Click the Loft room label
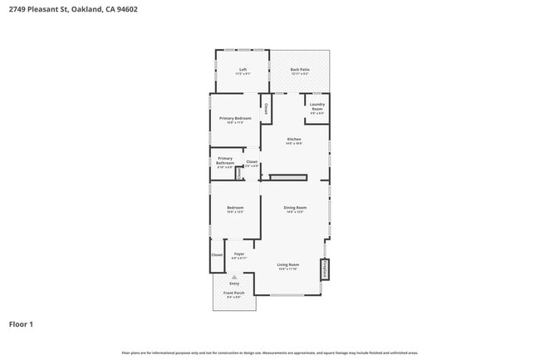pyautogui.click(x=243, y=71)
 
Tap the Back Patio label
pyautogui.click(x=300, y=71)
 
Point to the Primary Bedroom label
pyautogui.click(x=235, y=121)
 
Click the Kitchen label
pyautogui.click(x=294, y=141)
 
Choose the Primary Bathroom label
pyautogui.click(x=225, y=161)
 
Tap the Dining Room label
pyautogui.click(x=295, y=209)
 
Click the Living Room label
pyautogui.click(x=288, y=266)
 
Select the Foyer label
pyautogui.click(x=238, y=255)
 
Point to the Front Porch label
pyautogui.click(x=233, y=294)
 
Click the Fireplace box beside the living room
pyautogui.click(x=324, y=269)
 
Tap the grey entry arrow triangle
pyautogui.click(x=234, y=277)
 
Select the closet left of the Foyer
pyautogui.click(x=216, y=255)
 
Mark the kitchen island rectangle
pyautogui.click(x=287, y=177)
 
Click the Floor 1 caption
pyautogui.click(x=21, y=324)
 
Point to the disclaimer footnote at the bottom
pyautogui.click(x=270, y=353)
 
